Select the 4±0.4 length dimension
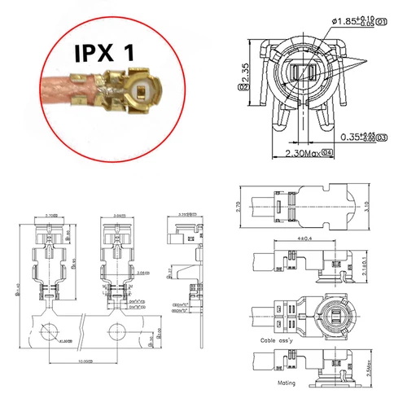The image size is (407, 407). tap(305, 239)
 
